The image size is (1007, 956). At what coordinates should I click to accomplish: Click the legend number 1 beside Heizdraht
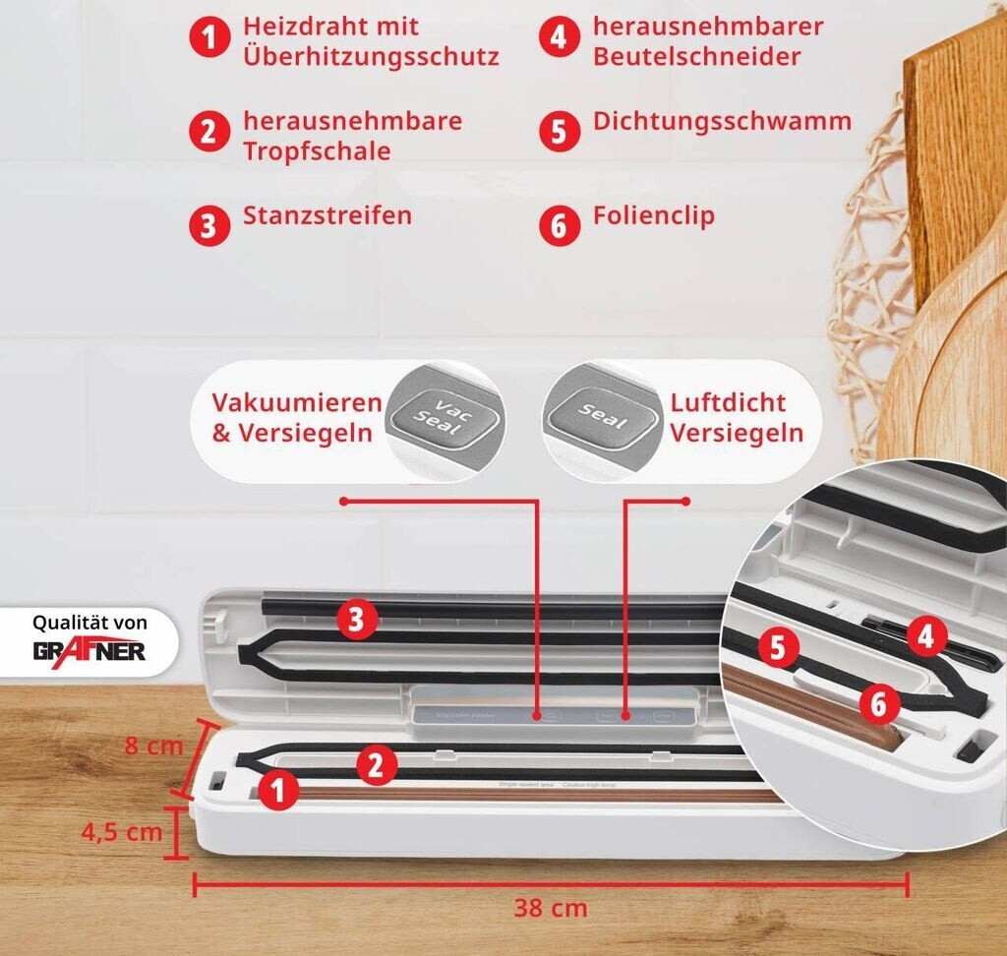[208, 39]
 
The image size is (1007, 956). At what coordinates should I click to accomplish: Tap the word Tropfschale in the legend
[317, 151]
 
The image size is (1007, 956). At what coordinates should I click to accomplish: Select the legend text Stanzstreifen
[327, 215]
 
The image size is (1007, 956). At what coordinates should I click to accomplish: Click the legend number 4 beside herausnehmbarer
[559, 39]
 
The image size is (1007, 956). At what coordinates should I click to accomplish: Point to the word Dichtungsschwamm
[722, 122]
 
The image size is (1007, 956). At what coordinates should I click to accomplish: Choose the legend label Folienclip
[653, 215]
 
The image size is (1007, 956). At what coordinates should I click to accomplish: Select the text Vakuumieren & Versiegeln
[296, 417]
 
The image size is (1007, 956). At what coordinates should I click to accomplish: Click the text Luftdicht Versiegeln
[736, 417]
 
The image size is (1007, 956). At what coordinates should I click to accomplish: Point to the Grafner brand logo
[89, 650]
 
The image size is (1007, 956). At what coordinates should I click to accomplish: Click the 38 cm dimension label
[550, 907]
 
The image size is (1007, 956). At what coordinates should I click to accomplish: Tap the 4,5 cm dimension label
[122, 832]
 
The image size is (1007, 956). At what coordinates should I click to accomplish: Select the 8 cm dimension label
[153, 746]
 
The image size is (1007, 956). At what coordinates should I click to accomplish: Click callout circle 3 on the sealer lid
[357, 620]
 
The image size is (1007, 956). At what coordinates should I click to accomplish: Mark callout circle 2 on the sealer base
[376, 764]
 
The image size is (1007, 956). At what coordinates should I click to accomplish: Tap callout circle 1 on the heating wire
[279, 790]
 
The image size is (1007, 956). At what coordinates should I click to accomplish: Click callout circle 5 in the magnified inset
[778, 648]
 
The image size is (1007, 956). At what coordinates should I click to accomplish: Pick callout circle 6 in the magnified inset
[878, 702]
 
